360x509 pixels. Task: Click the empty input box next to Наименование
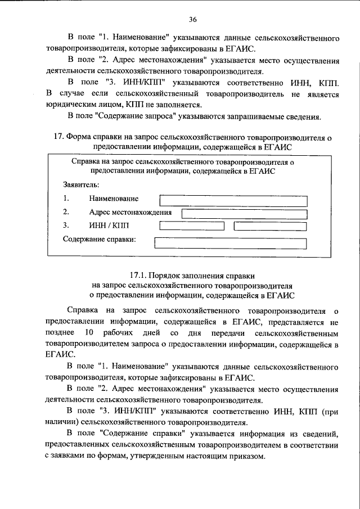click(x=233, y=200)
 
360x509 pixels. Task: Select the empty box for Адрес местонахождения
click(x=245, y=213)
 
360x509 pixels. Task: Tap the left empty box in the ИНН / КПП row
click(x=191, y=226)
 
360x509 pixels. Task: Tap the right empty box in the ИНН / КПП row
click(x=271, y=226)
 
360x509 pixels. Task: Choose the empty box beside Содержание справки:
click(x=230, y=243)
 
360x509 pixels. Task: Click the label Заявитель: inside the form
click(x=81, y=184)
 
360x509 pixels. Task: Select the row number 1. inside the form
click(x=66, y=199)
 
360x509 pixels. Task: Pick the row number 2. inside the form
click(x=66, y=212)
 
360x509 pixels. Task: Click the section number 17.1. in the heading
click(x=138, y=276)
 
